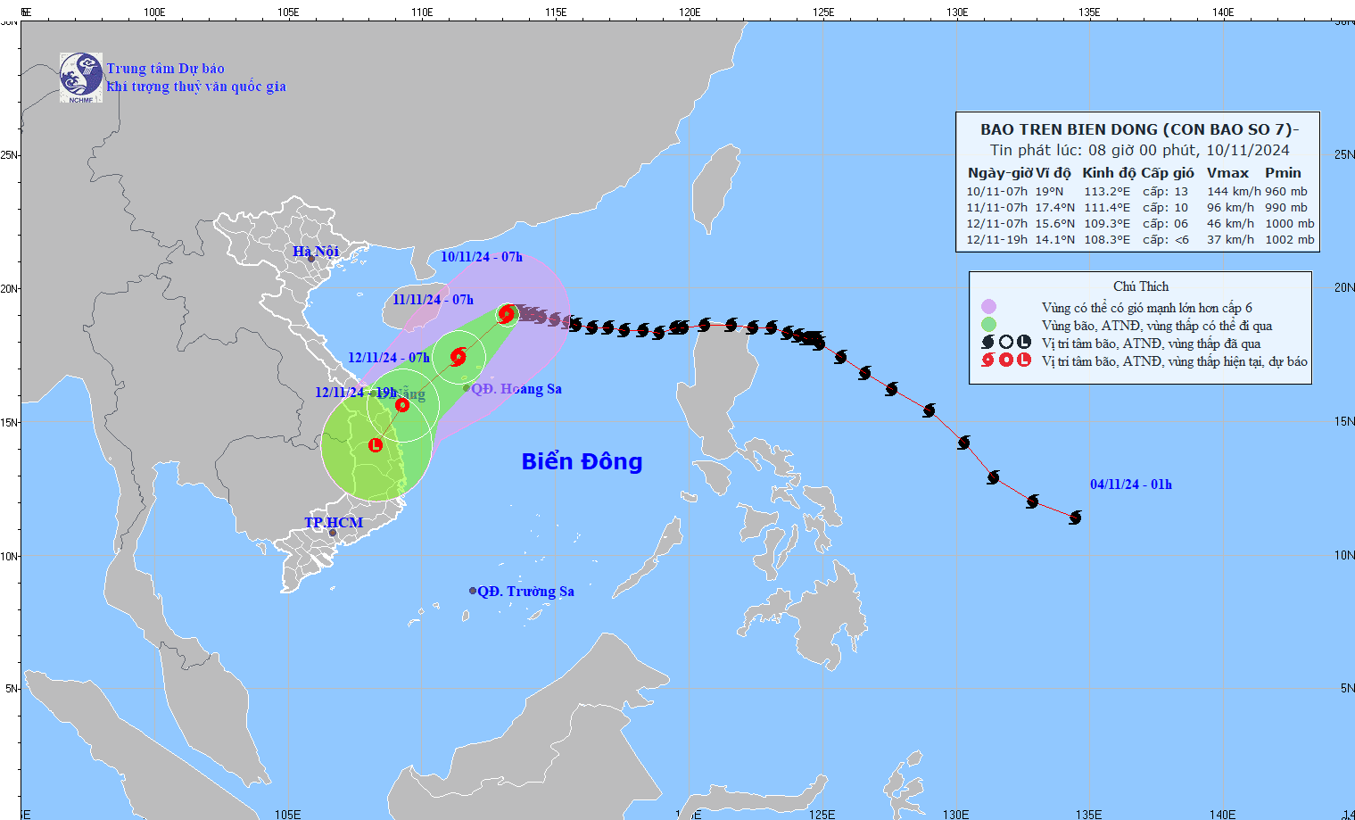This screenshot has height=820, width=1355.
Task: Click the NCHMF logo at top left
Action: (80, 77)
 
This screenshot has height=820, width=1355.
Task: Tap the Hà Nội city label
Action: (315, 252)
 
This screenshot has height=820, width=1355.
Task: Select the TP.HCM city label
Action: (334, 523)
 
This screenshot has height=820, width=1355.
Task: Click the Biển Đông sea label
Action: (582, 461)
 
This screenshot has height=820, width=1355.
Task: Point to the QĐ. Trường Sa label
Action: (525, 592)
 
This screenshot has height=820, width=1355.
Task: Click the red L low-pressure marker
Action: (376, 444)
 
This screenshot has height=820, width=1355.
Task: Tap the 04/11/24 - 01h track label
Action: (1130, 485)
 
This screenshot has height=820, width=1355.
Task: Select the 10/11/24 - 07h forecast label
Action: (481, 257)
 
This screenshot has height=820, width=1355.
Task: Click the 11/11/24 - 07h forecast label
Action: (433, 300)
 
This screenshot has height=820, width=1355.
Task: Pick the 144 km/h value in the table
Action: (1234, 192)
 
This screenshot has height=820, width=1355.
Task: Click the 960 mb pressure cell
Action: (1285, 192)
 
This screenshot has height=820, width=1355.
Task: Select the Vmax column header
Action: (1227, 173)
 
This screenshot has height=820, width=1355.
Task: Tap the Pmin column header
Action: (1283, 173)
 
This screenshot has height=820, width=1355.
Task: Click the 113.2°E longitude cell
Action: (1106, 192)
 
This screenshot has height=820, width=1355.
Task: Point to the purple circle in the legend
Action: (988, 307)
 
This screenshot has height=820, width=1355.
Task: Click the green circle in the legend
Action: (988, 325)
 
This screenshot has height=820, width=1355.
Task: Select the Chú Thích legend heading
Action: (1140, 286)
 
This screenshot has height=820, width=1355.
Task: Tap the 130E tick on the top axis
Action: (957, 12)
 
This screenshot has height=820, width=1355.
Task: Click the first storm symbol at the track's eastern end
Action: (1075, 518)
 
